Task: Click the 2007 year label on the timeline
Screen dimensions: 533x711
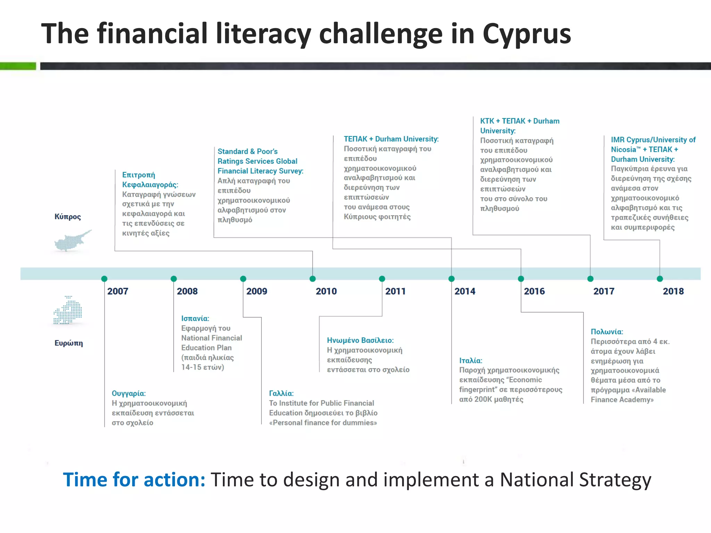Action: coord(118,291)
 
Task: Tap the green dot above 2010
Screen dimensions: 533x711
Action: coord(312,279)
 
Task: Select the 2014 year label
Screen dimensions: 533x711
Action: coord(465,291)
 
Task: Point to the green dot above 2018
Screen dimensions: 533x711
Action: coord(660,279)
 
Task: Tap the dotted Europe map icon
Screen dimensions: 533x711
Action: coord(68,311)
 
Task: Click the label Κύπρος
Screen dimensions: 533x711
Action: coord(68,217)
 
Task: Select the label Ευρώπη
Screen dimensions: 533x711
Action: coord(69,343)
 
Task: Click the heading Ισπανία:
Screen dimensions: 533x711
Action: coord(195,319)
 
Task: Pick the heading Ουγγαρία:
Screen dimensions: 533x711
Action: coord(129,394)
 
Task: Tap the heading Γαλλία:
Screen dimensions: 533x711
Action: coord(281,394)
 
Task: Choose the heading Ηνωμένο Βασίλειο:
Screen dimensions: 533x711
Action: coord(360,340)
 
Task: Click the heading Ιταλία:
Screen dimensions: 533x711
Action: coord(471,361)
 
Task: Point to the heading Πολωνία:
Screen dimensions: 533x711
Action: coord(607,332)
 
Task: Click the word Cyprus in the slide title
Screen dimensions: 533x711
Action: coord(527,34)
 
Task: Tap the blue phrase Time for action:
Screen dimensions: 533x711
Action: coord(134,480)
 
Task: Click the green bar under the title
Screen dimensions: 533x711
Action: coord(18,66)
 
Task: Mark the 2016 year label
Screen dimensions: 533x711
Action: coord(534,291)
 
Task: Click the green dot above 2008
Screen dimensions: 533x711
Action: coord(174,279)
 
